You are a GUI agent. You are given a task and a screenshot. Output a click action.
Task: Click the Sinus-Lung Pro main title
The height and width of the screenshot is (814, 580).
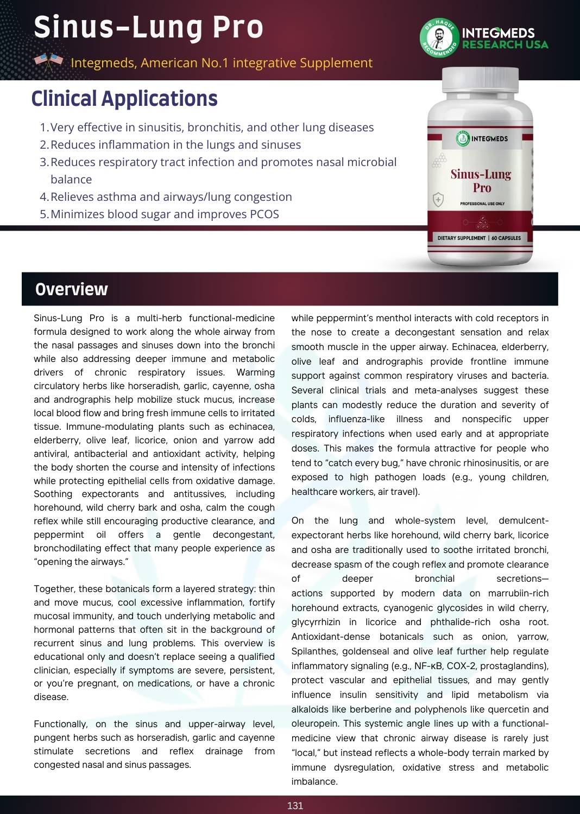(148, 27)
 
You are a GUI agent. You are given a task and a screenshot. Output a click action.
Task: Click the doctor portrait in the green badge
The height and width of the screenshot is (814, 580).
(439, 38)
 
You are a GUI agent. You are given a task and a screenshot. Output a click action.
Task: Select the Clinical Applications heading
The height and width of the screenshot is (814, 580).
(124, 99)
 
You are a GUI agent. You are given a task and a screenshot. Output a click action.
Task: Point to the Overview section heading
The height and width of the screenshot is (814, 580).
(71, 289)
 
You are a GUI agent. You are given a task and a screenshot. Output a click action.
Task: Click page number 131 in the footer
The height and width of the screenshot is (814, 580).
(295, 805)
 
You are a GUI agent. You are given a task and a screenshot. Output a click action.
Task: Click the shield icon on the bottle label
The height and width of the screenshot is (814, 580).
(438, 200)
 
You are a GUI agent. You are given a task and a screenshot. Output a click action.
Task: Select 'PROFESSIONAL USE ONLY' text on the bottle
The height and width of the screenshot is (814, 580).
(482, 203)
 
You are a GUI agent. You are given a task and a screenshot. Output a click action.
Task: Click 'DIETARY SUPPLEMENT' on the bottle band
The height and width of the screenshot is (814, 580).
(462, 238)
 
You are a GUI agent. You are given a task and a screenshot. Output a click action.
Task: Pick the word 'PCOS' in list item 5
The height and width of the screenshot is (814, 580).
(264, 214)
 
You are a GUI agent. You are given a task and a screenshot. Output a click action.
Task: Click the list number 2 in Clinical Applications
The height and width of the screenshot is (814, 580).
(44, 145)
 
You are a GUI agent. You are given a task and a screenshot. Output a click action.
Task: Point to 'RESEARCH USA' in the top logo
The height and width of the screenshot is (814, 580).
(505, 44)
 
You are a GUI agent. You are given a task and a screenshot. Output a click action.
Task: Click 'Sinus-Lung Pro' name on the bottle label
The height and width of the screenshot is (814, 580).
(481, 181)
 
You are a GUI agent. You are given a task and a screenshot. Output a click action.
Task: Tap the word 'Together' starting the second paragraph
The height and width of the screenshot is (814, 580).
(54, 589)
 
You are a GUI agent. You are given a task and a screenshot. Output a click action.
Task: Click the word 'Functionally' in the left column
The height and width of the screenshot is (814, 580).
(60, 724)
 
